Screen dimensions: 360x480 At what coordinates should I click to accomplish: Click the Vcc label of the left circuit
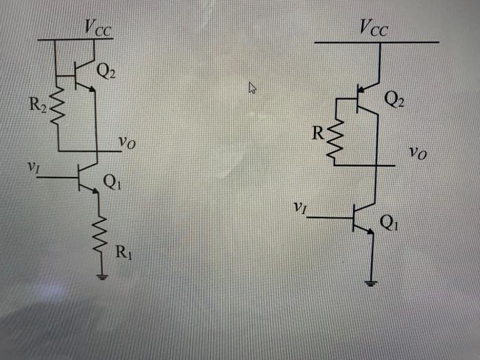point(99,27)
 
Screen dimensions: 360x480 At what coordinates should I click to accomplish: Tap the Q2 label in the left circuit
point(106,71)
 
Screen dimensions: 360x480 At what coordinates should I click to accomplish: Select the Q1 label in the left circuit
point(111,182)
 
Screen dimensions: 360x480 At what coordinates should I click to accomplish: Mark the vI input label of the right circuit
point(298,206)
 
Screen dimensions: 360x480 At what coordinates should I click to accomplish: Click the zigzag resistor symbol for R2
point(58,106)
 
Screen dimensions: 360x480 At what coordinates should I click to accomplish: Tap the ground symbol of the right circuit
point(372,283)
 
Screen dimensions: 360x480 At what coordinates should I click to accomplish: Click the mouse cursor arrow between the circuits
point(252,87)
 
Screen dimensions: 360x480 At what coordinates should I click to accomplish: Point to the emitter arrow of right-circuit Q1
point(371,232)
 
